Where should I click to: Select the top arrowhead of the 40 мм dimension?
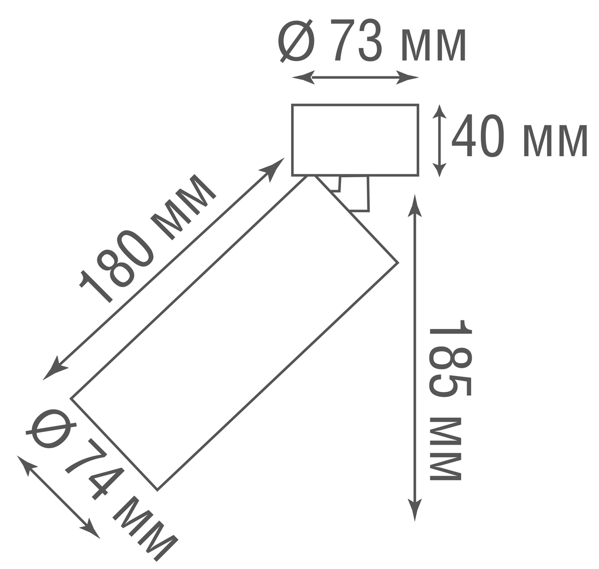(x=439, y=112)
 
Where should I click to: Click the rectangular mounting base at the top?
(x=355, y=140)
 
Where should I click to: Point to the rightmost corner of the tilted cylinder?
(x=398, y=263)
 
